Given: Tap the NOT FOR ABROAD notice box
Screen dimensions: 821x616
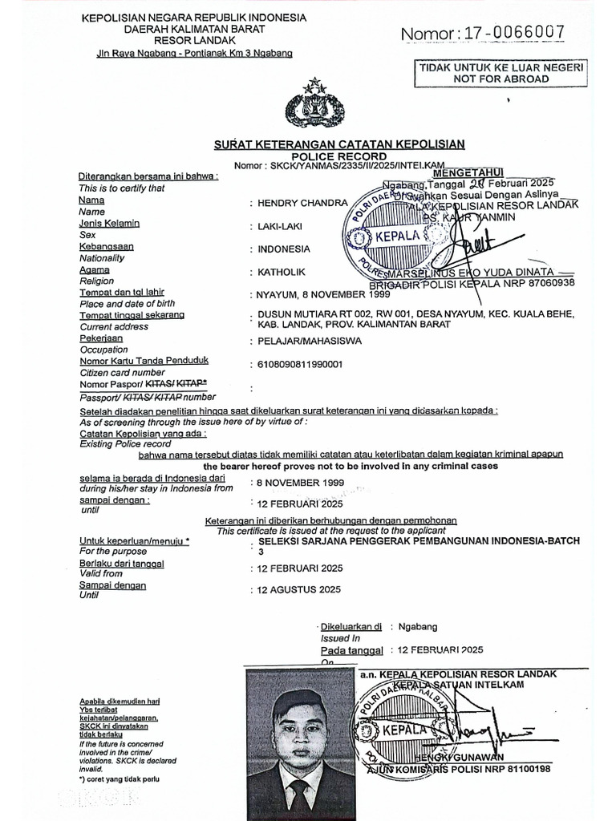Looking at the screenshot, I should pos(498,73).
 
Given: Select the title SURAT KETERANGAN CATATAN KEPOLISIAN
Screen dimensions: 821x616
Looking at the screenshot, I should pos(339,144).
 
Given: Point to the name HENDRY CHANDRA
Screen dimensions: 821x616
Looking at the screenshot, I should pos(291,203).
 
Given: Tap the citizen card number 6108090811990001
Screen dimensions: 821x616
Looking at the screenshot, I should pos(300,365).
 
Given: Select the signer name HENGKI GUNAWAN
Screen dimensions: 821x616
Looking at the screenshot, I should pos(453,758).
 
